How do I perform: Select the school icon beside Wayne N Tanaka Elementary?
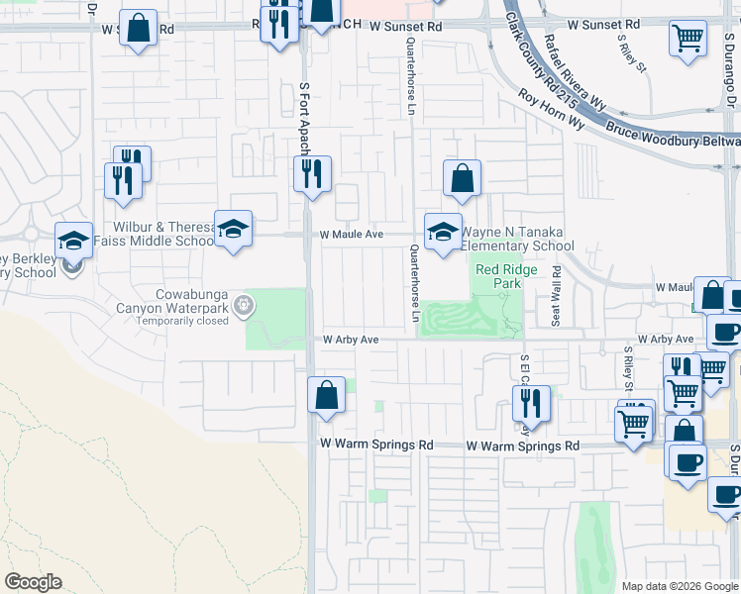(443, 233)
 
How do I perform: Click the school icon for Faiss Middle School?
(233, 230)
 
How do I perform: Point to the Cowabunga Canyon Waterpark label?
(191, 302)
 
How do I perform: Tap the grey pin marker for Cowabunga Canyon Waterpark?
(251, 308)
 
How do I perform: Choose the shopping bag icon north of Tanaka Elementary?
(462, 180)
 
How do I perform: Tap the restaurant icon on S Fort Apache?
(313, 175)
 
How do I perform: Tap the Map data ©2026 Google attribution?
(678, 586)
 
